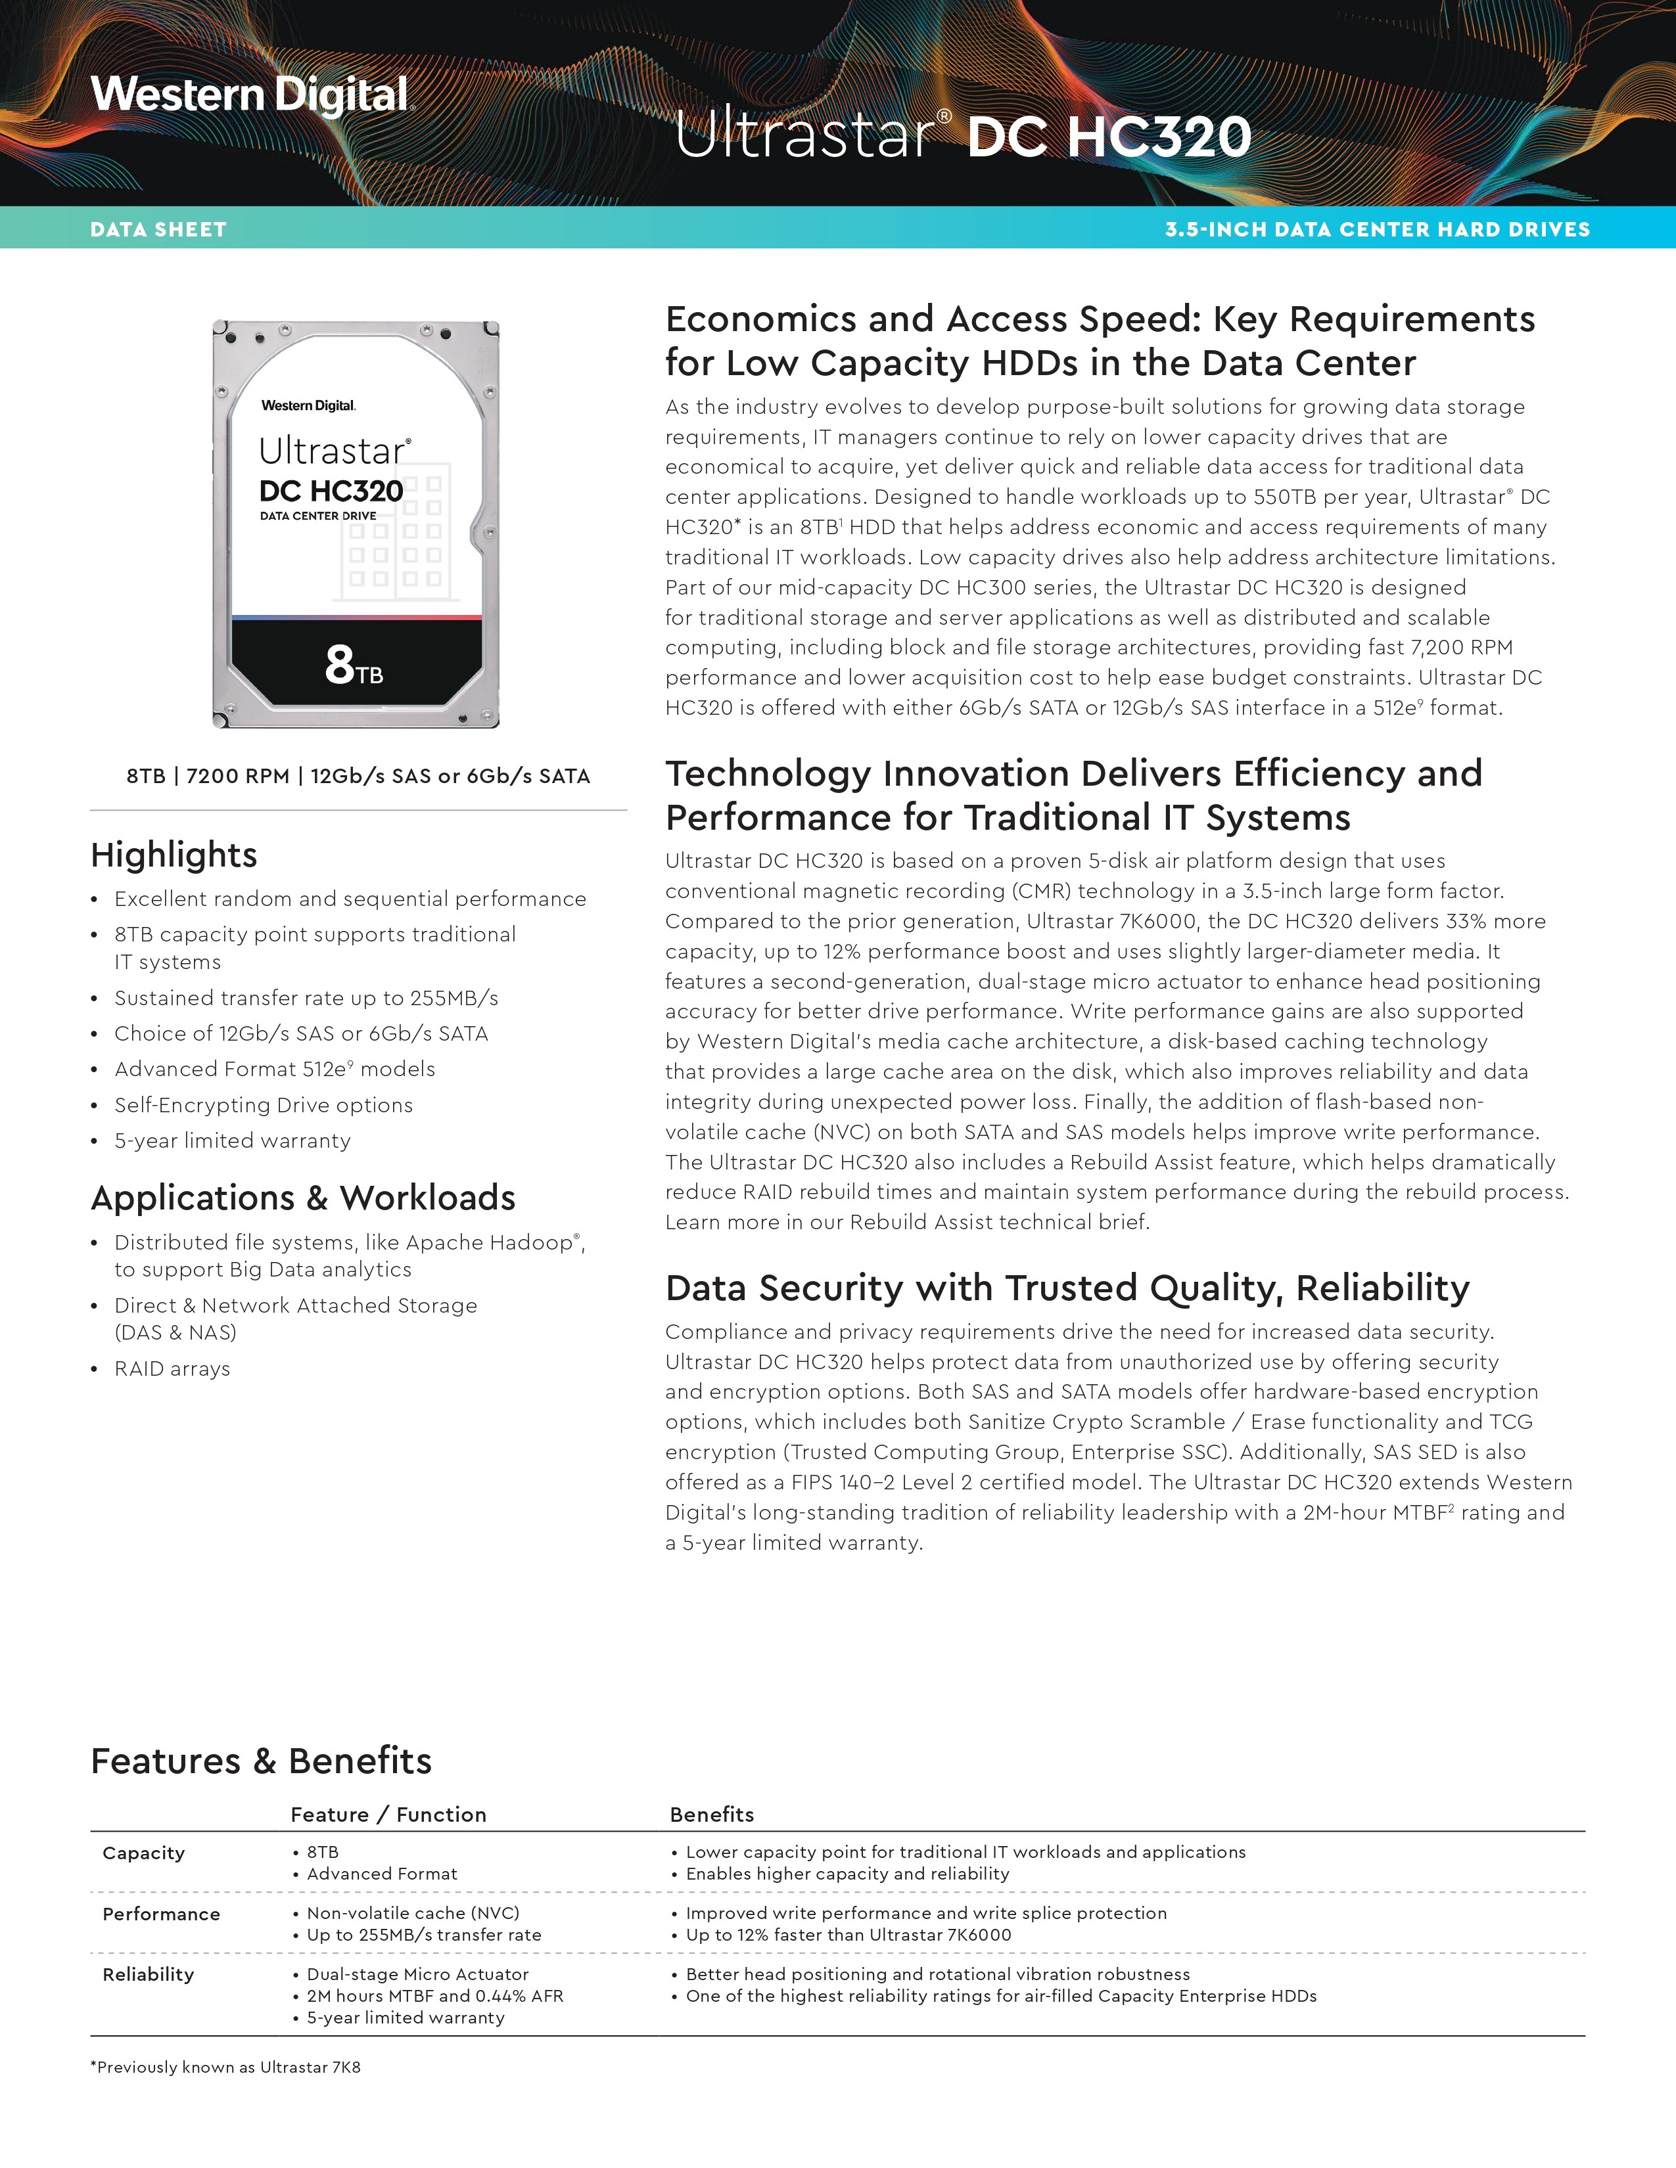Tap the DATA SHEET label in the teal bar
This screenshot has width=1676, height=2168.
pyautogui.click(x=158, y=229)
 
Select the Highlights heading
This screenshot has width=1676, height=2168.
pyautogui.click(x=174, y=855)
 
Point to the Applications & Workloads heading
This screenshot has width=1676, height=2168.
pyautogui.click(x=303, y=1198)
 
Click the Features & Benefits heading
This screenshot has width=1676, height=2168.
pyautogui.click(x=261, y=1760)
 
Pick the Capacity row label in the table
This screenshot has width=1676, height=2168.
pyautogui.click(x=144, y=1853)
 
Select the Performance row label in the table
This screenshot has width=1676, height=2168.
pyautogui.click(x=161, y=1914)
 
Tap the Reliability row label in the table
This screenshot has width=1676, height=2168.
pyautogui.click(x=148, y=1974)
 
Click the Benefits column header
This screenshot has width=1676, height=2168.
pyautogui.click(x=712, y=1815)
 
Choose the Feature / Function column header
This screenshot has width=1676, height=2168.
pyautogui.click(x=388, y=1815)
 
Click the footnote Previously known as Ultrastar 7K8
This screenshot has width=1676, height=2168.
pyautogui.click(x=225, y=2067)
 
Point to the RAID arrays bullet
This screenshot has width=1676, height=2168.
pyautogui.click(x=172, y=1369)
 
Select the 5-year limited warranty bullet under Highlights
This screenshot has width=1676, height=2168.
pyautogui.click(x=232, y=1140)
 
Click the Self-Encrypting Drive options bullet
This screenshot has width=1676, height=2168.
pyautogui.click(x=263, y=1105)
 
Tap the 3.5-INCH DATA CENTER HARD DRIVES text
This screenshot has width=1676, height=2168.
pyautogui.click(x=1377, y=229)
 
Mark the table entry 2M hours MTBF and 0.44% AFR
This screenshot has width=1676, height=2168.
pyautogui.click(x=435, y=1995)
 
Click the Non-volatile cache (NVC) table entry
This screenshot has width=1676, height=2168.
pyautogui.click(x=413, y=1913)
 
